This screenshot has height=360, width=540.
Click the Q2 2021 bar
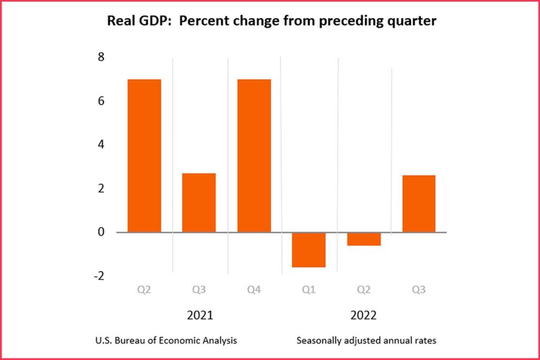tap(144, 155)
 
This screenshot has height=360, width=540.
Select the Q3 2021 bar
tap(199, 202)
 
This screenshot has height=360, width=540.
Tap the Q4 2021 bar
tap(254, 155)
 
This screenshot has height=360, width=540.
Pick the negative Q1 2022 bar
tap(308, 249)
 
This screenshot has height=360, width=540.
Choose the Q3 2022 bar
tap(419, 203)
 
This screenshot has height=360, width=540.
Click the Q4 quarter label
tap(254, 289)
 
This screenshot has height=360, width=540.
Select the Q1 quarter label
tap(308, 289)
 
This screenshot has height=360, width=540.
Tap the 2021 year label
tap(200, 316)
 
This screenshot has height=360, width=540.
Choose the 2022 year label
tap(364, 316)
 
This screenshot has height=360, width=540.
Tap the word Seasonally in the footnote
tap(319, 340)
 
